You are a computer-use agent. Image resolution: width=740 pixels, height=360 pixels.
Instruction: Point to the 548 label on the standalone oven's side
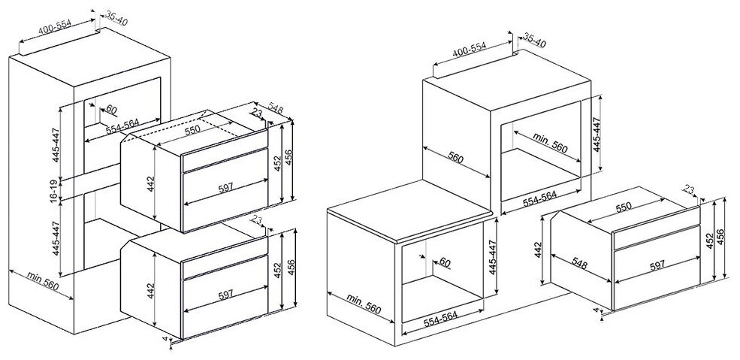point(579,265)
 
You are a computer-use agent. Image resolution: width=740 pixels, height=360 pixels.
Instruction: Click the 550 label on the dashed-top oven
point(192,129)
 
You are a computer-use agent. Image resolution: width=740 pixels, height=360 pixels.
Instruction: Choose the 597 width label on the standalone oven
point(657,265)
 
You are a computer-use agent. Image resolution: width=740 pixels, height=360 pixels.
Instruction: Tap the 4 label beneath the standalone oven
point(596,310)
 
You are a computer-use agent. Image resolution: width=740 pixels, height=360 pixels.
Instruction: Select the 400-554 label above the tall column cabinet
point(55,28)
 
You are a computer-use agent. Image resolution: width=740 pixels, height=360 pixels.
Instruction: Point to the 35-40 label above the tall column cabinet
point(116,18)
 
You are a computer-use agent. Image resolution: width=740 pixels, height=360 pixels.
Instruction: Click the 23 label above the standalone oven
point(690,191)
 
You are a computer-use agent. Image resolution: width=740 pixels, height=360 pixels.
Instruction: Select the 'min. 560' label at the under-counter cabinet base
point(364,304)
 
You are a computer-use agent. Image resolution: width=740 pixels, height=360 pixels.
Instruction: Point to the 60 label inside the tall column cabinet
point(111,110)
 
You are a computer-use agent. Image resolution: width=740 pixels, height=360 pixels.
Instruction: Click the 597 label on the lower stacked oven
point(225,295)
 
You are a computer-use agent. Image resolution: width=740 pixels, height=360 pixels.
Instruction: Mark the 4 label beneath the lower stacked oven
point(165,339)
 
